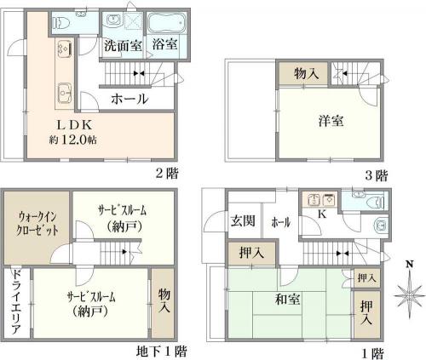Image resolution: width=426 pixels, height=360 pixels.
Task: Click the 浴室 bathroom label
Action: [x=164, y=44]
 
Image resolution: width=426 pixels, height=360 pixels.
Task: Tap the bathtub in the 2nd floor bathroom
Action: [x=166, y=23]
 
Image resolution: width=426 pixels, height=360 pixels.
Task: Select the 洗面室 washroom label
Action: [x=123, y=45]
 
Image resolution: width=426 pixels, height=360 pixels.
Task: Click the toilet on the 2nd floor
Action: [x=61, y=22]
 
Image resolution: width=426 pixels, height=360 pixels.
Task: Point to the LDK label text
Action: [x=74, y=125]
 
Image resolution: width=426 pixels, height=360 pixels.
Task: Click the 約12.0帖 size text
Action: [x=72, y=140]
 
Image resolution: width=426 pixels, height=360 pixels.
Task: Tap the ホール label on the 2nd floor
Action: [x=130, y=99]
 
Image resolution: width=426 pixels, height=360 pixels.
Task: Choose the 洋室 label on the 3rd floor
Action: [x=331, y=121]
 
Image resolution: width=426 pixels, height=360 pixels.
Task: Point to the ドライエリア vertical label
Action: [x=17, y=301]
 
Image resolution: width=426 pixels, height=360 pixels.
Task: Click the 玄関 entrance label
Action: [x=243, y=221]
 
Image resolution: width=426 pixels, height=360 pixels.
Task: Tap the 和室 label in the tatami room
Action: [x=287, y=300]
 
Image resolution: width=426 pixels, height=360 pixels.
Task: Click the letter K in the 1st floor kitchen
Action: [x=322, y=214]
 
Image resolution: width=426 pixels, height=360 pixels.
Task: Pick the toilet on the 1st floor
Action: [x=376, y=203]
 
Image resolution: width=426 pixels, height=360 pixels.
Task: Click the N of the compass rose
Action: [x=409, y=265]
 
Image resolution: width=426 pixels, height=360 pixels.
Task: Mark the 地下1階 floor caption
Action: [x=162, y=351]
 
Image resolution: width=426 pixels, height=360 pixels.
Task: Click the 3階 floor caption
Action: [x=376, y=175]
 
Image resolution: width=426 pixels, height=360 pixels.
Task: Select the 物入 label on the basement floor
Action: [x=164, y=300]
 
